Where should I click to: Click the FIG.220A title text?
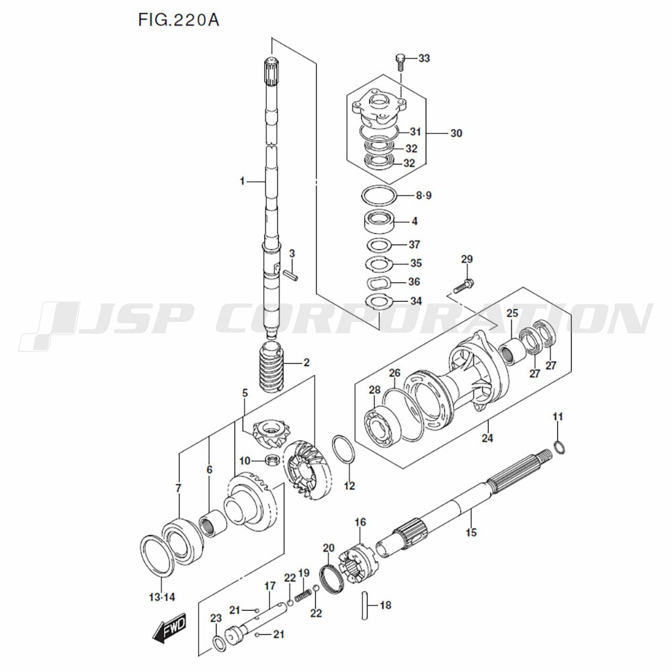[177, 19]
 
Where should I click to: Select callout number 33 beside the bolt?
[423, 59]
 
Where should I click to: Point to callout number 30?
[456, 133]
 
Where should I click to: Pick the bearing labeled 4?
[379, 220]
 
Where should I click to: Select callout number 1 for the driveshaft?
[243, 181]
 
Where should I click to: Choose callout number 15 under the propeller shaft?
[470, 533]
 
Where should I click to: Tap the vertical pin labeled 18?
[366, 605]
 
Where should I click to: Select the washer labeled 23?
[219, 644]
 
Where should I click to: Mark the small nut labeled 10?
[273, 460]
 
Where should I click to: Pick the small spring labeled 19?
[304, 594]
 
